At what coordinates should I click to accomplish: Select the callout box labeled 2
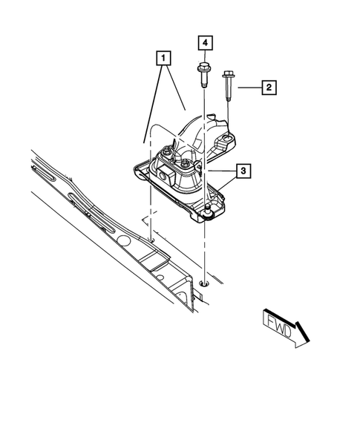pyautogui.click(x=268, y=88)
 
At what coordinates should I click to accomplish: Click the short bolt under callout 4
pyautogui.click(x=203, y=75)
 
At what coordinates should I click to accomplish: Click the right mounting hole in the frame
pyautogui.click(x=203, y=282)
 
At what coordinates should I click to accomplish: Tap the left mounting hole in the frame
pyautogui.click(x=150, y=240)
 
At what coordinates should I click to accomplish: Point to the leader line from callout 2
pyautogui.click(x=248, y=88)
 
